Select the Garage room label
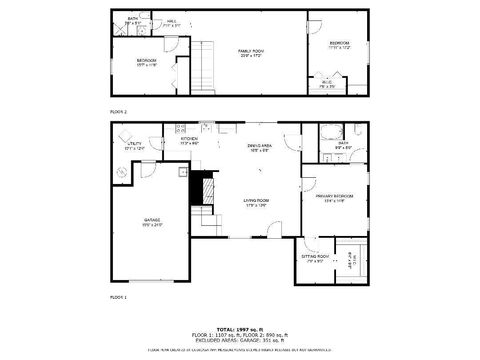pyautogui.click(x=152, y=220)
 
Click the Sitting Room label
pyautogui.click(x=314, y=257)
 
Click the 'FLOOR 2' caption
pyautogui.click(x=118, y=112)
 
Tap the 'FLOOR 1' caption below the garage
pyautogui.click(x=118, y=297)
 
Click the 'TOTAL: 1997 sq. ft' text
pyautogui.click(x=239, y=327)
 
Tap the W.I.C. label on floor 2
pyautogui.click(x=339, y=83)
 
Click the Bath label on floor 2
pyautogui.click(x=132, y=19)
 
